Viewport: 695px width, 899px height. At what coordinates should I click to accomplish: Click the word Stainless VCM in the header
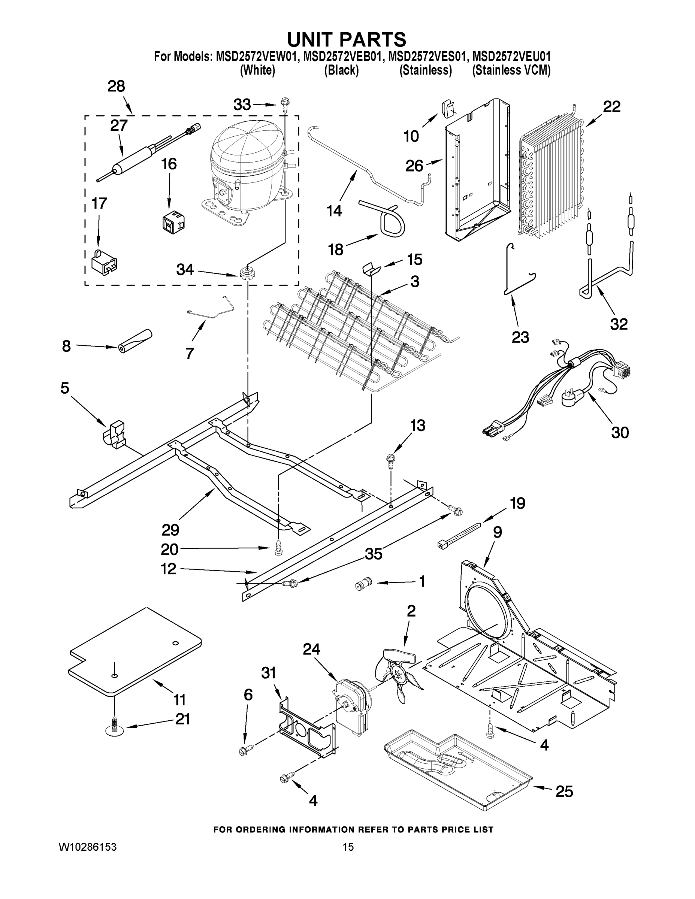coord(511,70)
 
